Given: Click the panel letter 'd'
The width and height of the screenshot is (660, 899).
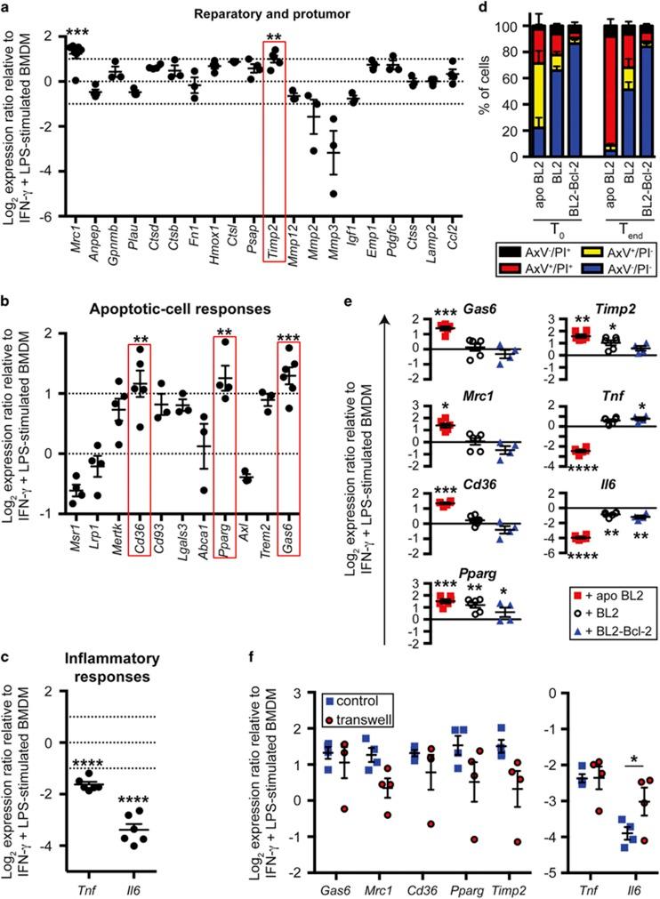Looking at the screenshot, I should tap(483, 9).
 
